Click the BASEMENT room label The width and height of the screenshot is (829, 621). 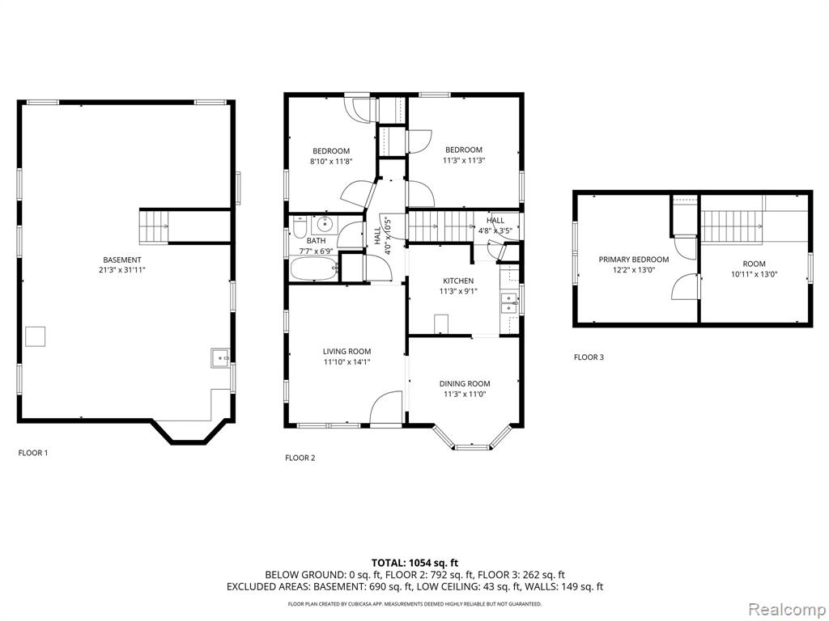[x=122, y=260]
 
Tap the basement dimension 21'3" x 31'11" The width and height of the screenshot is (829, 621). [x=122, y=270]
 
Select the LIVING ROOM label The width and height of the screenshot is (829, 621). [x=346, y=351]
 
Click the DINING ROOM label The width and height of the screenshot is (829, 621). [x=465, y=384]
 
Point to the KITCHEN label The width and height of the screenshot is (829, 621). [x=458, y=281]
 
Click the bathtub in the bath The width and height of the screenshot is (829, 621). [x=314, y=268]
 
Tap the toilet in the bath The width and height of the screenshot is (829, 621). [x=299, y=226]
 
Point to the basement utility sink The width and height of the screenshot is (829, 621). [x=219, y=358]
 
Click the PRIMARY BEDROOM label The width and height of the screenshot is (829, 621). [x=633, y=260]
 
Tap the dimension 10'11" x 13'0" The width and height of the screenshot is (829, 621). [x=754, y=274]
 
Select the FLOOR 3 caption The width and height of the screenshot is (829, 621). [x=589, y=357]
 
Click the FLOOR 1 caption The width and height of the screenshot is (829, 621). [x=32, y=453]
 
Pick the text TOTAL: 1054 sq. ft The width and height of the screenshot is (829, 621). [x=411, y=563]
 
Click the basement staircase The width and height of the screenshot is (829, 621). [x=153, y=226]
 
